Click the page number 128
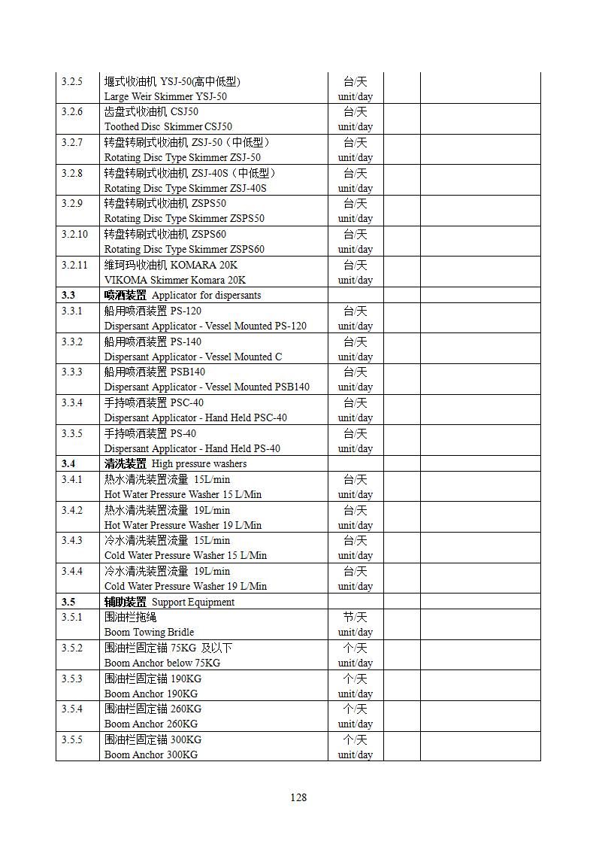coord(298,797)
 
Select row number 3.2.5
coord(72,81)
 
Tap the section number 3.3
coord(68,296)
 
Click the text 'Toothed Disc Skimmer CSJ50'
coord(168,127)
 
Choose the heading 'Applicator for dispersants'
coord(206,296)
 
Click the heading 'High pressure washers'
coord(199,464)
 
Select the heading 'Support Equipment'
coord(193,602)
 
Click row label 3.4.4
coord(72,571)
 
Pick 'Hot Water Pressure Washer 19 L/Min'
coord(183,525)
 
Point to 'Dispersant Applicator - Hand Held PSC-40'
coord(195,417)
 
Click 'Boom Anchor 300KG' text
coord(151,754)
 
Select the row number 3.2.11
coord(74,265)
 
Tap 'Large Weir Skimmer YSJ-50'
coord(165,96)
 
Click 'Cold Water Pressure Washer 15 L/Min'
coord(186,555)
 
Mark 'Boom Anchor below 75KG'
coord(162,663)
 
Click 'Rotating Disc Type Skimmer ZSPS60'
coord(184,249)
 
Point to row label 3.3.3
coord(72,372)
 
